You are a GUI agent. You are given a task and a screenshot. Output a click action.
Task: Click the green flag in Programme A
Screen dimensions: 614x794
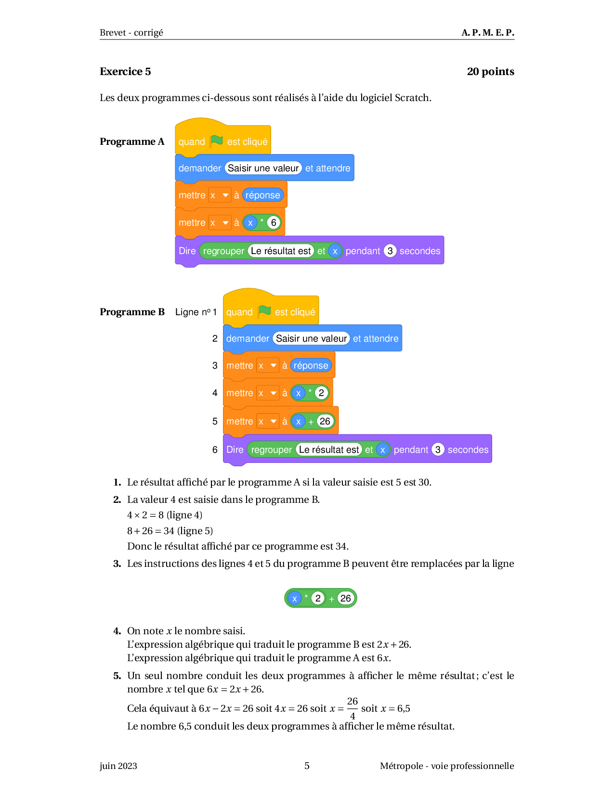pos(216,141)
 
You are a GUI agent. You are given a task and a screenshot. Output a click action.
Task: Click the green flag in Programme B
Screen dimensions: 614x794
pos(264,311)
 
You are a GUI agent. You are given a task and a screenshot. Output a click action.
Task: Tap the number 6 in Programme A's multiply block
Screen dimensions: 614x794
pos(274,222)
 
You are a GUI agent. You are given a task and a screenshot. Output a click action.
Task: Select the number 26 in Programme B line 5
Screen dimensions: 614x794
pos(325,421)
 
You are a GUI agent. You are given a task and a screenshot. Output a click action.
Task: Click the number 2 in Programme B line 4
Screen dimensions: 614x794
pos(321,393)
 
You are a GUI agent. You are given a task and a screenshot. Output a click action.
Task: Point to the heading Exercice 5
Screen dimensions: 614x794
pos(125,71)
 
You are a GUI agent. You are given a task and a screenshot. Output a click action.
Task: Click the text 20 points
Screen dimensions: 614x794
pos(490,71)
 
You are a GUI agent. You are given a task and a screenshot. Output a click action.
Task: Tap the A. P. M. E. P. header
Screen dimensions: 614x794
pos(488,33)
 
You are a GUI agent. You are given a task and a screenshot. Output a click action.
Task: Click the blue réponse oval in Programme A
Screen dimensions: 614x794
pos(262,195)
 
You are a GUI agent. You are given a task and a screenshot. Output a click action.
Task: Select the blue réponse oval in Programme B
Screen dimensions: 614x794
pos(311,365)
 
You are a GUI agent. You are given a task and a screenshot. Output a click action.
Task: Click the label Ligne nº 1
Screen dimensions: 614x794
pos(196,312)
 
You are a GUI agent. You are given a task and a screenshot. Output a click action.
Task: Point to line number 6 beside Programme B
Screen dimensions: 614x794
pos(215,449)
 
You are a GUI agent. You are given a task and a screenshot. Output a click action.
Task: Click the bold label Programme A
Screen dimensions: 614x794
pos(132,141)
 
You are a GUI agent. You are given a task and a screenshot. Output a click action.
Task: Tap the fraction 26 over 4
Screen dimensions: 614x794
pos(352,708)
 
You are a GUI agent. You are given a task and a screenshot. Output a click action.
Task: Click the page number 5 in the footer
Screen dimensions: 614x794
pos(307,766)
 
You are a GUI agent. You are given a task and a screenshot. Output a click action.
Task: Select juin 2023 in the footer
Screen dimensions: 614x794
pos(118,766)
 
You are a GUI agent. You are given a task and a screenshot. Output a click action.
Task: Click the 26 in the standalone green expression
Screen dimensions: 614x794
pos(345,598)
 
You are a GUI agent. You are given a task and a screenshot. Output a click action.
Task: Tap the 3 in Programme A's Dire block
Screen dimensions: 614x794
pos(390,251)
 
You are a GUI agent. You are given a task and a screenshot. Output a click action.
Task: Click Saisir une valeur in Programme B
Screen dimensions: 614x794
pos(311,338)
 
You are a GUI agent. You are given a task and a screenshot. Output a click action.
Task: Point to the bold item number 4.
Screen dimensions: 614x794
pos(117,631)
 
